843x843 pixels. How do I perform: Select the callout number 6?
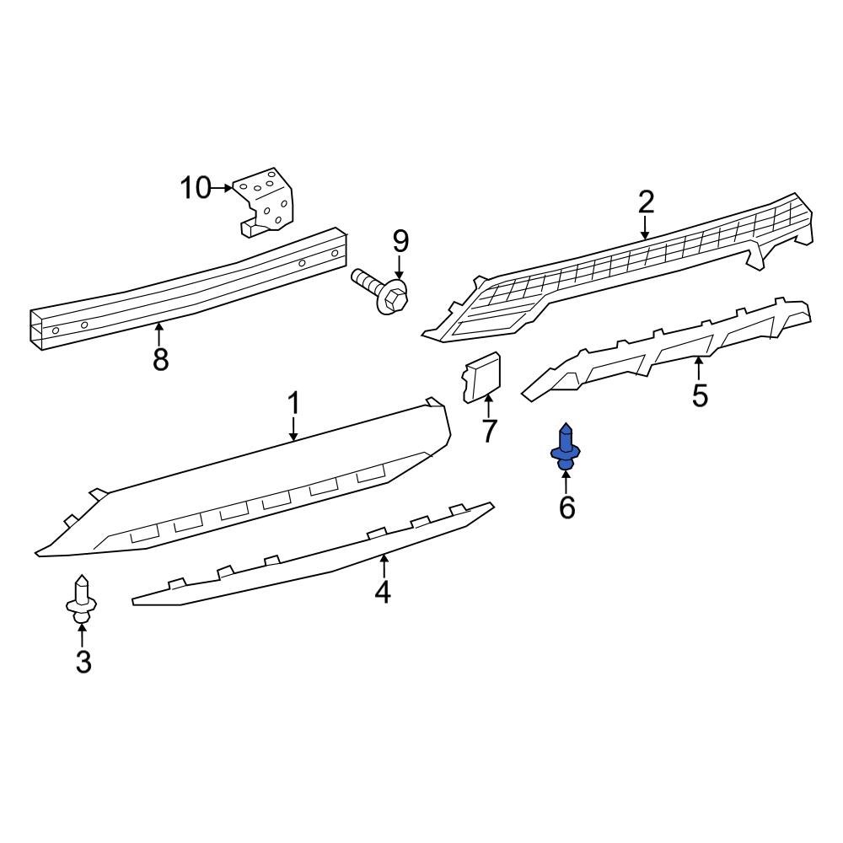[566, 507]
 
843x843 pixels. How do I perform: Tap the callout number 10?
[195, 187]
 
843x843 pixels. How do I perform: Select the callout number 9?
[400, 242]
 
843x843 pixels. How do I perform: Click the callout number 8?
[160, 360]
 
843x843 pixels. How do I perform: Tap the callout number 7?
[490, 431]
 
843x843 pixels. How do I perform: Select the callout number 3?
[83, 663]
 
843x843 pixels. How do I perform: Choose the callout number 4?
[383, 593]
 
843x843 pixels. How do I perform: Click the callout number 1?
[293, 404]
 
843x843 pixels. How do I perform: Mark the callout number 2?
[646, 202]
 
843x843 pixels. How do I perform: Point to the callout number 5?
[700, 395]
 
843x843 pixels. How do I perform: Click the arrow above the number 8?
[158, 332]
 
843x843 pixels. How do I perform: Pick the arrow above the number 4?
[384, 566]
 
